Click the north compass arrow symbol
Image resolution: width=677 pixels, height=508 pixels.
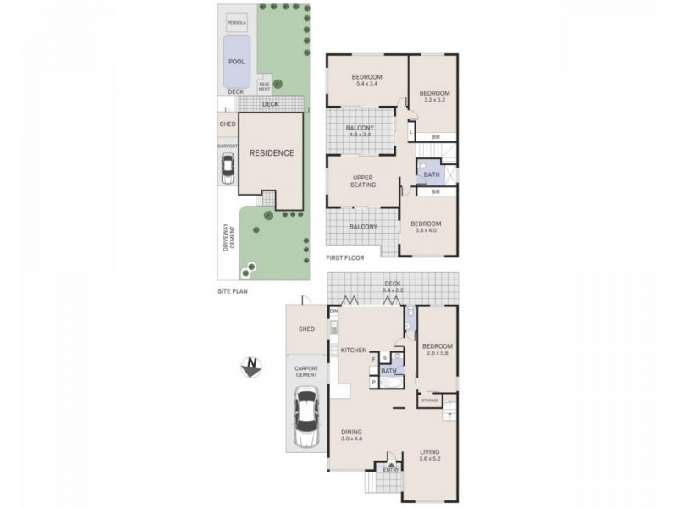(251, 367)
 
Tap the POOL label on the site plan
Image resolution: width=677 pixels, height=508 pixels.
(236, 63)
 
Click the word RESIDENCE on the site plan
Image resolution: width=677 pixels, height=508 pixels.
(271, 153)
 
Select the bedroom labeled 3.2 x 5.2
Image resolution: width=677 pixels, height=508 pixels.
(434, 96)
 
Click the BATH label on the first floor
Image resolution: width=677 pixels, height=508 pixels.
(432, 175)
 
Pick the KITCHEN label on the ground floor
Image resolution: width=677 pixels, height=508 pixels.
(352, 350)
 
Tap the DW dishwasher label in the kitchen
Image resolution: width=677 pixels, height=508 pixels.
(334, 312)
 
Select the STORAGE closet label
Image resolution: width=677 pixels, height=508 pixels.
(431, 400)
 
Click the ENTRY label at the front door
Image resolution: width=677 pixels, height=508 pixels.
(390, 470)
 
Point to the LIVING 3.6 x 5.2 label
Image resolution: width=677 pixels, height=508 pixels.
(431, 456)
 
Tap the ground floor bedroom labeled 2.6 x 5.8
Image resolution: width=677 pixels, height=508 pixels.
(438, 350)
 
